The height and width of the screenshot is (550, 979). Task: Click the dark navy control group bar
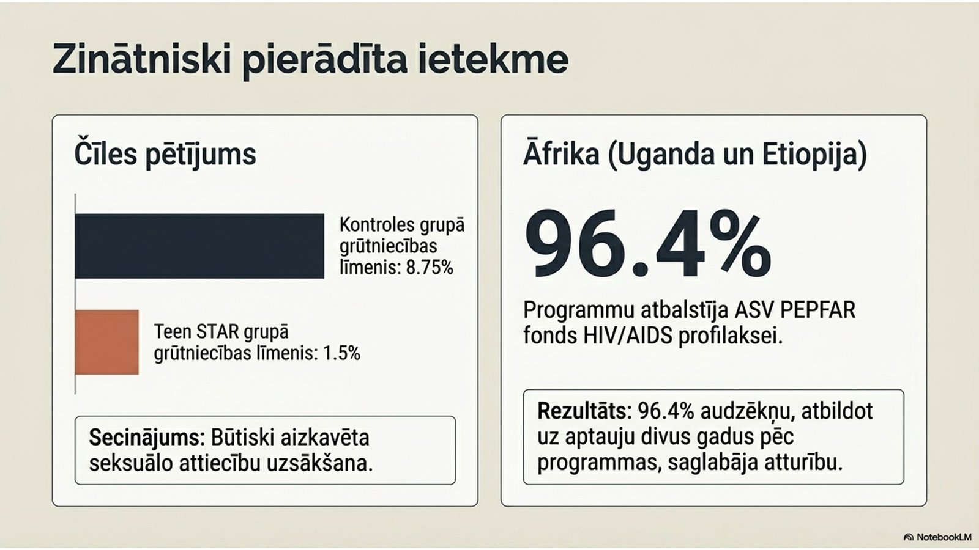[199, 246]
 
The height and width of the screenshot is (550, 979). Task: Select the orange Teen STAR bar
[107, 342]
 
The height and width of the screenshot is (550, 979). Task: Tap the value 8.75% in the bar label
[430, 268]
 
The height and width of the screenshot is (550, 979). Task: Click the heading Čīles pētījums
[165, 154]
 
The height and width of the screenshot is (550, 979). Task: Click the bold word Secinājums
[144, 438]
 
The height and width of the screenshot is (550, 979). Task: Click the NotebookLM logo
[937, 537]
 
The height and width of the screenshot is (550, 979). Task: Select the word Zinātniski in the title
[142, 60]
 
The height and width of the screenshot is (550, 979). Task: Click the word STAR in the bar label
[218, 332]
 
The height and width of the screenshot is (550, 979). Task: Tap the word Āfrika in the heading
[561, 154]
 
